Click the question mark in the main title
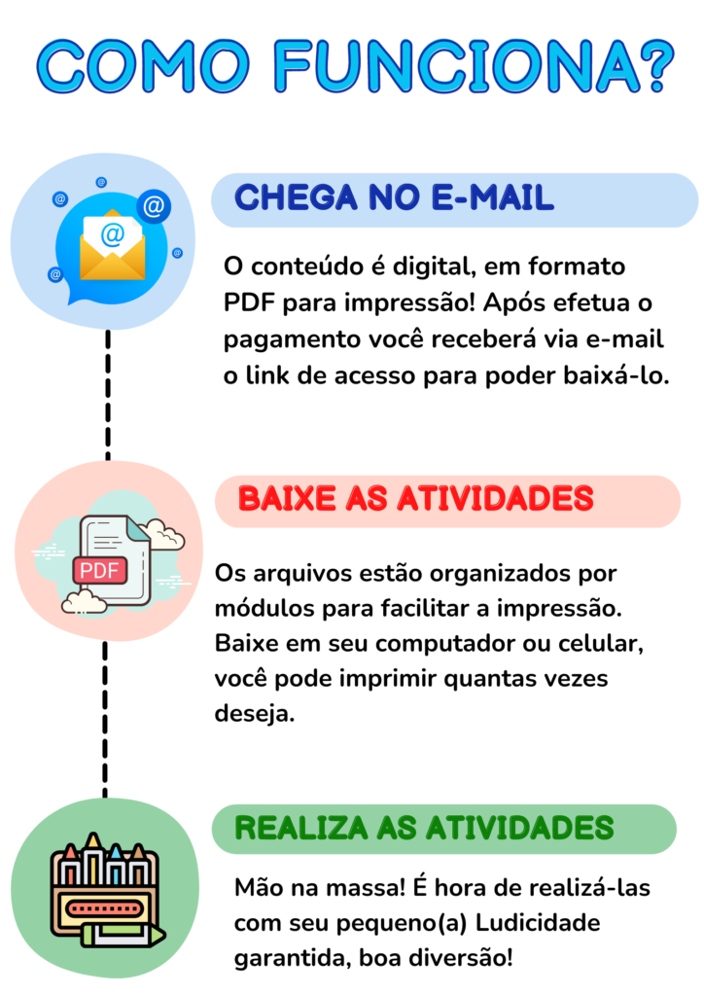[x=651, y=66]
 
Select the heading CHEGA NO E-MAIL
[x=394, y=197]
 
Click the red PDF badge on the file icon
[x=100, y=570]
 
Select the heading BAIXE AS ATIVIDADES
[x=416, y=499]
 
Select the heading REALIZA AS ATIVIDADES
[x=424, y=829]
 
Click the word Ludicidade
[x=538, y=922]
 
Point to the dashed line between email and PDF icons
[x=108, y=395]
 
